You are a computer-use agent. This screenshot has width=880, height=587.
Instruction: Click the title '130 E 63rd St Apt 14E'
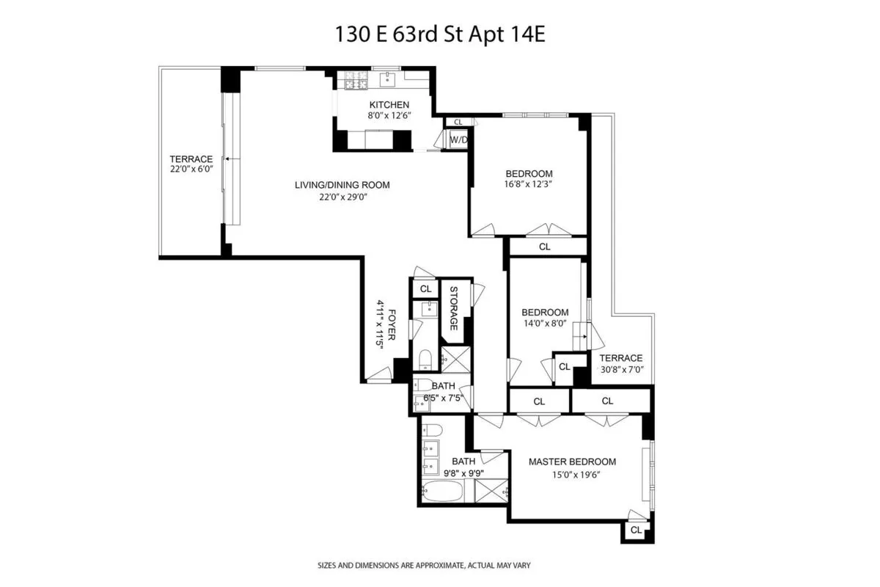[x=440, y=34]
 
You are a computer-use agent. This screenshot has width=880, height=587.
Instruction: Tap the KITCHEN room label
[x=389, y=104]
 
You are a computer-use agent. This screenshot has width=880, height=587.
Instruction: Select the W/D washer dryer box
[x=458, y=139]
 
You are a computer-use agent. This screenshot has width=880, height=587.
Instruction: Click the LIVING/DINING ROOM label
[x=342, y=185]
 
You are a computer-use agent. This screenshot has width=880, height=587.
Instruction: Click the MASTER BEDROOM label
[x=572, y=462]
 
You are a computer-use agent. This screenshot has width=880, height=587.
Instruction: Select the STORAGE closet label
[x=454, y=308]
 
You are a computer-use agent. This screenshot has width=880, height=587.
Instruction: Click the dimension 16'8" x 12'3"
[x=528, y=185]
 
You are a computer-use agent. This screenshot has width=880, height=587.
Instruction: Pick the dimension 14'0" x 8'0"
[x=544, y=324]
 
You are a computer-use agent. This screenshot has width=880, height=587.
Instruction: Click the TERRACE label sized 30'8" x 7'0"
[x=620, y=358]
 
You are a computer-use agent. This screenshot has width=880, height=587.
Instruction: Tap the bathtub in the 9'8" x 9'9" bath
[x=443, y=490]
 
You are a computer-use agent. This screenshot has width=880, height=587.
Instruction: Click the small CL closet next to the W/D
[x=458, y=123]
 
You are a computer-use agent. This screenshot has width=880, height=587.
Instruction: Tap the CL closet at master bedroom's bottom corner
[x=635, y=530]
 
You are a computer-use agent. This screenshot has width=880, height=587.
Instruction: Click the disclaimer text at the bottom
[x=423, y=566]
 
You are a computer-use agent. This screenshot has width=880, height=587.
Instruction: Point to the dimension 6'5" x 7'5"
[x=442, y=398]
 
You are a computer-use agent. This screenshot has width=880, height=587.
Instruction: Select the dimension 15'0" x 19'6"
[x=572, y=473]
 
